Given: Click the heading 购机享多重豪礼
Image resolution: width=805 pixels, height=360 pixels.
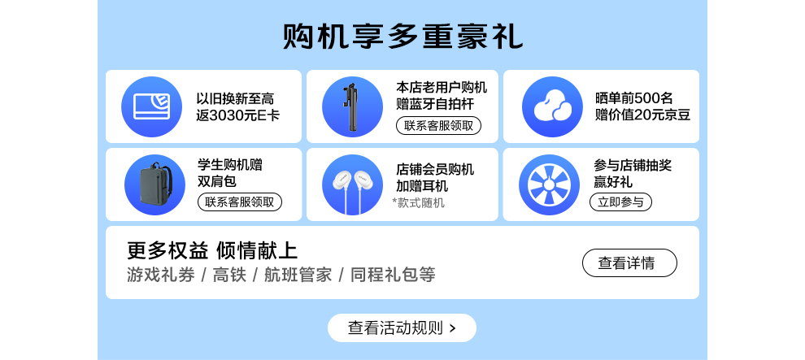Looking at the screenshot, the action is pos(402,37).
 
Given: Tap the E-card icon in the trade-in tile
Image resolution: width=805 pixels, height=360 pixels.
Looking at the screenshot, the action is pos(151,106).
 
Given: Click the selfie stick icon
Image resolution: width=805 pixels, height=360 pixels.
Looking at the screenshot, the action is pos(352,106).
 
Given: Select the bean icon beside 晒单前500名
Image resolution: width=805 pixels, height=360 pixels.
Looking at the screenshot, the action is pos(552,106).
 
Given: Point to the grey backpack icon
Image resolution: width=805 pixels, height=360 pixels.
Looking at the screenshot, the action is pos(154,184).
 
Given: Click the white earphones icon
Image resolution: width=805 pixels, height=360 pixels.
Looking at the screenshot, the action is pos(352,184).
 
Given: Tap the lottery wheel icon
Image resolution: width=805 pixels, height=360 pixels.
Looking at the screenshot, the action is pos(549,184).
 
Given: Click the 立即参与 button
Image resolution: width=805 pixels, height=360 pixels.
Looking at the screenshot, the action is pos(620,202).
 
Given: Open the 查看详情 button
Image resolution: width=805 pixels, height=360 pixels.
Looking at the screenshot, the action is pos(629,263).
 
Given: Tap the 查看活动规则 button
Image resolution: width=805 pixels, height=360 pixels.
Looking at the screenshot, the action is pos(402,327).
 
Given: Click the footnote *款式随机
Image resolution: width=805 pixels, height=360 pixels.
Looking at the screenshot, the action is pos(419,203).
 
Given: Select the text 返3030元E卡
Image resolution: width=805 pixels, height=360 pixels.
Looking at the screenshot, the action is pos(237,115).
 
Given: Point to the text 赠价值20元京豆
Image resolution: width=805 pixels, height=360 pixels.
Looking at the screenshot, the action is pos(642,115).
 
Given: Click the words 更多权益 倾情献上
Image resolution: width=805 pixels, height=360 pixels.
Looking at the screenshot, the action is pos(212,251).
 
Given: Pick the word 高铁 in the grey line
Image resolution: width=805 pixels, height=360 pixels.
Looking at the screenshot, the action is pos(229,275).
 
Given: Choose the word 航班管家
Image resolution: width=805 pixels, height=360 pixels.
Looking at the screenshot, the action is pos(298,275).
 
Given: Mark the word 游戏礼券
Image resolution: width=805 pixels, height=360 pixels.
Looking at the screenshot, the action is pos(161,275).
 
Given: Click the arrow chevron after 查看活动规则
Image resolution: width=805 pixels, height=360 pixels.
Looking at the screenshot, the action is pos(452,328).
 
